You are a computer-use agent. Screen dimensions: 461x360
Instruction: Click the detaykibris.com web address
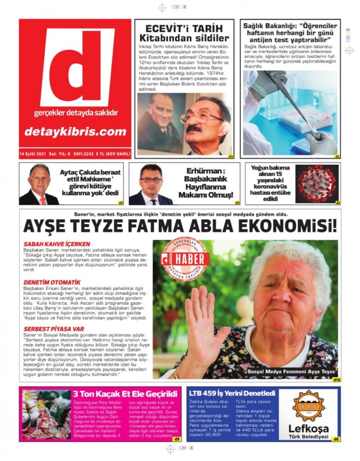(75, 131)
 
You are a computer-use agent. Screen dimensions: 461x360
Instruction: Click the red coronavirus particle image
(317, 183)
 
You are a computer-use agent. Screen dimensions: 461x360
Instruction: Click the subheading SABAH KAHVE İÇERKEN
(57, 244)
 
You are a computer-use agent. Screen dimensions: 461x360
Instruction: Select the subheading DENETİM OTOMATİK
(52, 282)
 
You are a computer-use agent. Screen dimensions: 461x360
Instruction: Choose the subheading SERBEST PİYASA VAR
(54, 329)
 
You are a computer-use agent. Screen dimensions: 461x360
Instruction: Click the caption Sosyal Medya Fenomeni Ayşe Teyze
(291, 372)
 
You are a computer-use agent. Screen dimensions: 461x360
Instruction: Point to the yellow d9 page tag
(177, 439)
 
